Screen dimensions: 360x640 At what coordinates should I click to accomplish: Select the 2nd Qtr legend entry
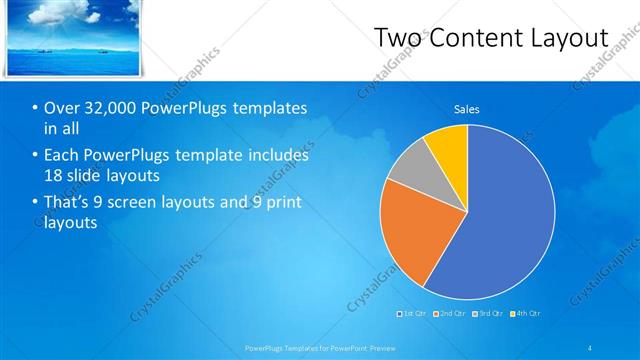[448, 314]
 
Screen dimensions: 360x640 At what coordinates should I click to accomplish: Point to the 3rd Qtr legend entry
[487, 314]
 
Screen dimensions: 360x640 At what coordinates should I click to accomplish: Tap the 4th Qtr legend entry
[525, 314]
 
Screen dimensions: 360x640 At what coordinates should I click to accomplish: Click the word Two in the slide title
[397, 38]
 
